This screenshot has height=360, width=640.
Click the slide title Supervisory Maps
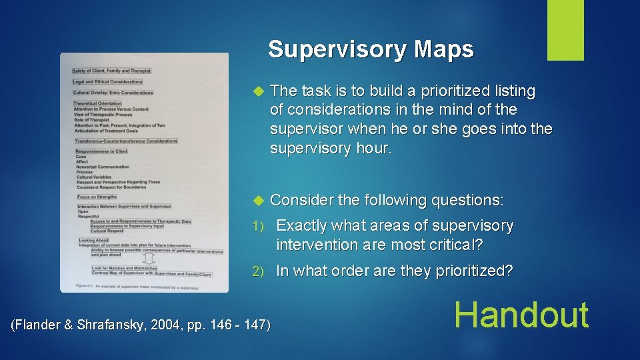pos(371,50)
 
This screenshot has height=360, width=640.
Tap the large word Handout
pos(522,315)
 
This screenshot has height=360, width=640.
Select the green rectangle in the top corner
pos(565,30)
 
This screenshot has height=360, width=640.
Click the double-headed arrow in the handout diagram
pos(149,259)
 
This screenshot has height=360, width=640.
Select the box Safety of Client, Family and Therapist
pos(111,71)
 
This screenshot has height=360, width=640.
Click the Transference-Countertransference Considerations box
pos(126,141)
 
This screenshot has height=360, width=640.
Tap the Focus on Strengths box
pos(96,197)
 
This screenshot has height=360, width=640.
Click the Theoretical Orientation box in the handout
pos(97,103)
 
